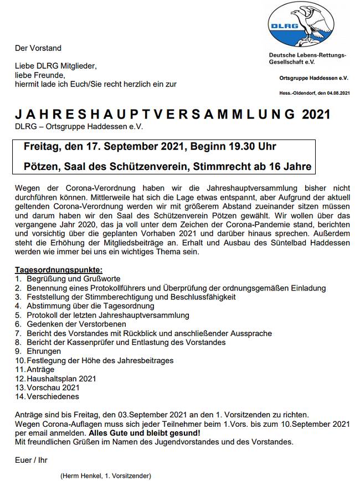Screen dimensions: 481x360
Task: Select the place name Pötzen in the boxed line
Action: [x=42, y=166]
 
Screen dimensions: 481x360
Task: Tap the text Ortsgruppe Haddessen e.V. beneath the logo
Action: [x=313, y=79]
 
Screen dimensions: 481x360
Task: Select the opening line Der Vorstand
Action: [x=38, y=48]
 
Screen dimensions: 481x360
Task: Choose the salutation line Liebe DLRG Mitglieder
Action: [x=56, y=66]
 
